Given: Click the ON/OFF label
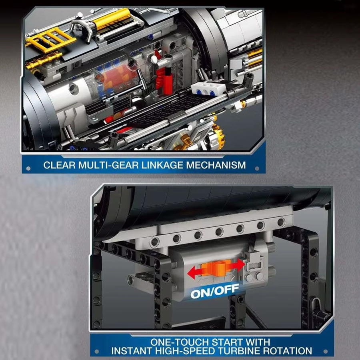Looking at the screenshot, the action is click(215, 291).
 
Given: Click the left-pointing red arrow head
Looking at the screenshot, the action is click(193, 272).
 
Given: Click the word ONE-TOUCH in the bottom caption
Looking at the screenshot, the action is click(180, 342).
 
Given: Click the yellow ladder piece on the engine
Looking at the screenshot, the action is click(50, 40).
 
